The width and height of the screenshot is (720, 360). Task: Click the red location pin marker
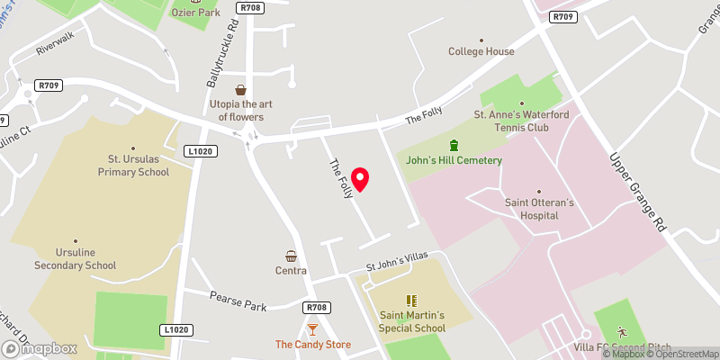coord(360,179)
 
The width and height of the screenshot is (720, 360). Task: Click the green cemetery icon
coord(454,145)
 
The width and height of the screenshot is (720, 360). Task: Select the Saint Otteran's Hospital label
coord(538,209)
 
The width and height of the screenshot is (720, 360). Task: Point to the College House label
coord(481,51)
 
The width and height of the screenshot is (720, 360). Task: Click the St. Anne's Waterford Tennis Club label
coord(524,121)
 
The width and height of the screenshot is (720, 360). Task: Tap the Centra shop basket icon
coord(292,256)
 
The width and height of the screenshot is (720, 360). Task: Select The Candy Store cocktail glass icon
coord(312,329)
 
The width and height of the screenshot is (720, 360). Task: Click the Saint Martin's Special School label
coord(412,321)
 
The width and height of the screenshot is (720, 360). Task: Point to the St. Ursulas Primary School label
coord(133,166)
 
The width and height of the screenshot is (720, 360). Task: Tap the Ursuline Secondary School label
coord(75,259)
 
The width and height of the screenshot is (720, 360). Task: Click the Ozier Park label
coord(196,13)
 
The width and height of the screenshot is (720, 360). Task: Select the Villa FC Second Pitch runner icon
coord(620,332)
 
